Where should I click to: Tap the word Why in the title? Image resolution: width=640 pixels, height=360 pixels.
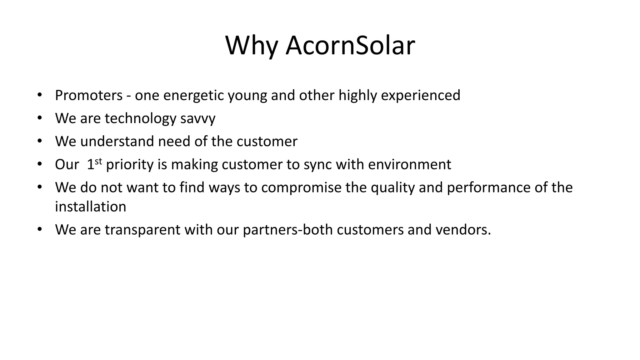pos(251,46)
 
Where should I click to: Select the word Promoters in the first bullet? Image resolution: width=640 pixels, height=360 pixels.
pos(89,95)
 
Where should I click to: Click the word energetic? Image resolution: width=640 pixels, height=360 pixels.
pos(193,95)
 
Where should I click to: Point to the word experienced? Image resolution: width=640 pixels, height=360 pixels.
pos(420,95)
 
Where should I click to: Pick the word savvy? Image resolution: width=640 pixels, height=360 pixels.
pos(198,118)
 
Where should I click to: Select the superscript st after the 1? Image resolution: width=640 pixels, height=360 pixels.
pos(98,161)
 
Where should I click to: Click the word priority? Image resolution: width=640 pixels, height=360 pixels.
pos(130,165)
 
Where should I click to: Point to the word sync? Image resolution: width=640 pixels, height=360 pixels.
pos(317,165)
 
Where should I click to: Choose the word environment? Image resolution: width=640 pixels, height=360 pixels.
pos(409,165)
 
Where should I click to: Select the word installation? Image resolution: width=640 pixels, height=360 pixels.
pos(91,207)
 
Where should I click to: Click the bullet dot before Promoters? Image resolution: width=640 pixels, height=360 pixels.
pos(39,95)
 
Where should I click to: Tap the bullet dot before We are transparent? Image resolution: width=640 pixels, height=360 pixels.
pos(39,230)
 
